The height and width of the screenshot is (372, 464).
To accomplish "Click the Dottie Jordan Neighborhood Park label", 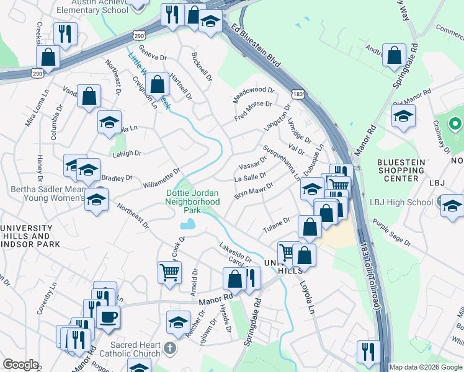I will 193,201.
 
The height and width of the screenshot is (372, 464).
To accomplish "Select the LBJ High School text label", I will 401,202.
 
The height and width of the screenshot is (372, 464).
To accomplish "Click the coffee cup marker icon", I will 109,317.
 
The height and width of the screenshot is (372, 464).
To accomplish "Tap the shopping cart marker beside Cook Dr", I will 169,271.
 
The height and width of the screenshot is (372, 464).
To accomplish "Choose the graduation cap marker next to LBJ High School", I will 452,205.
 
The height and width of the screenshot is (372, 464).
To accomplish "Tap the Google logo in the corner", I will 20,365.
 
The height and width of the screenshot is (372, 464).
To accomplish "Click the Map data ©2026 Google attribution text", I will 426,367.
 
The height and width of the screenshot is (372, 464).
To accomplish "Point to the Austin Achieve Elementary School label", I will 91,7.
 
